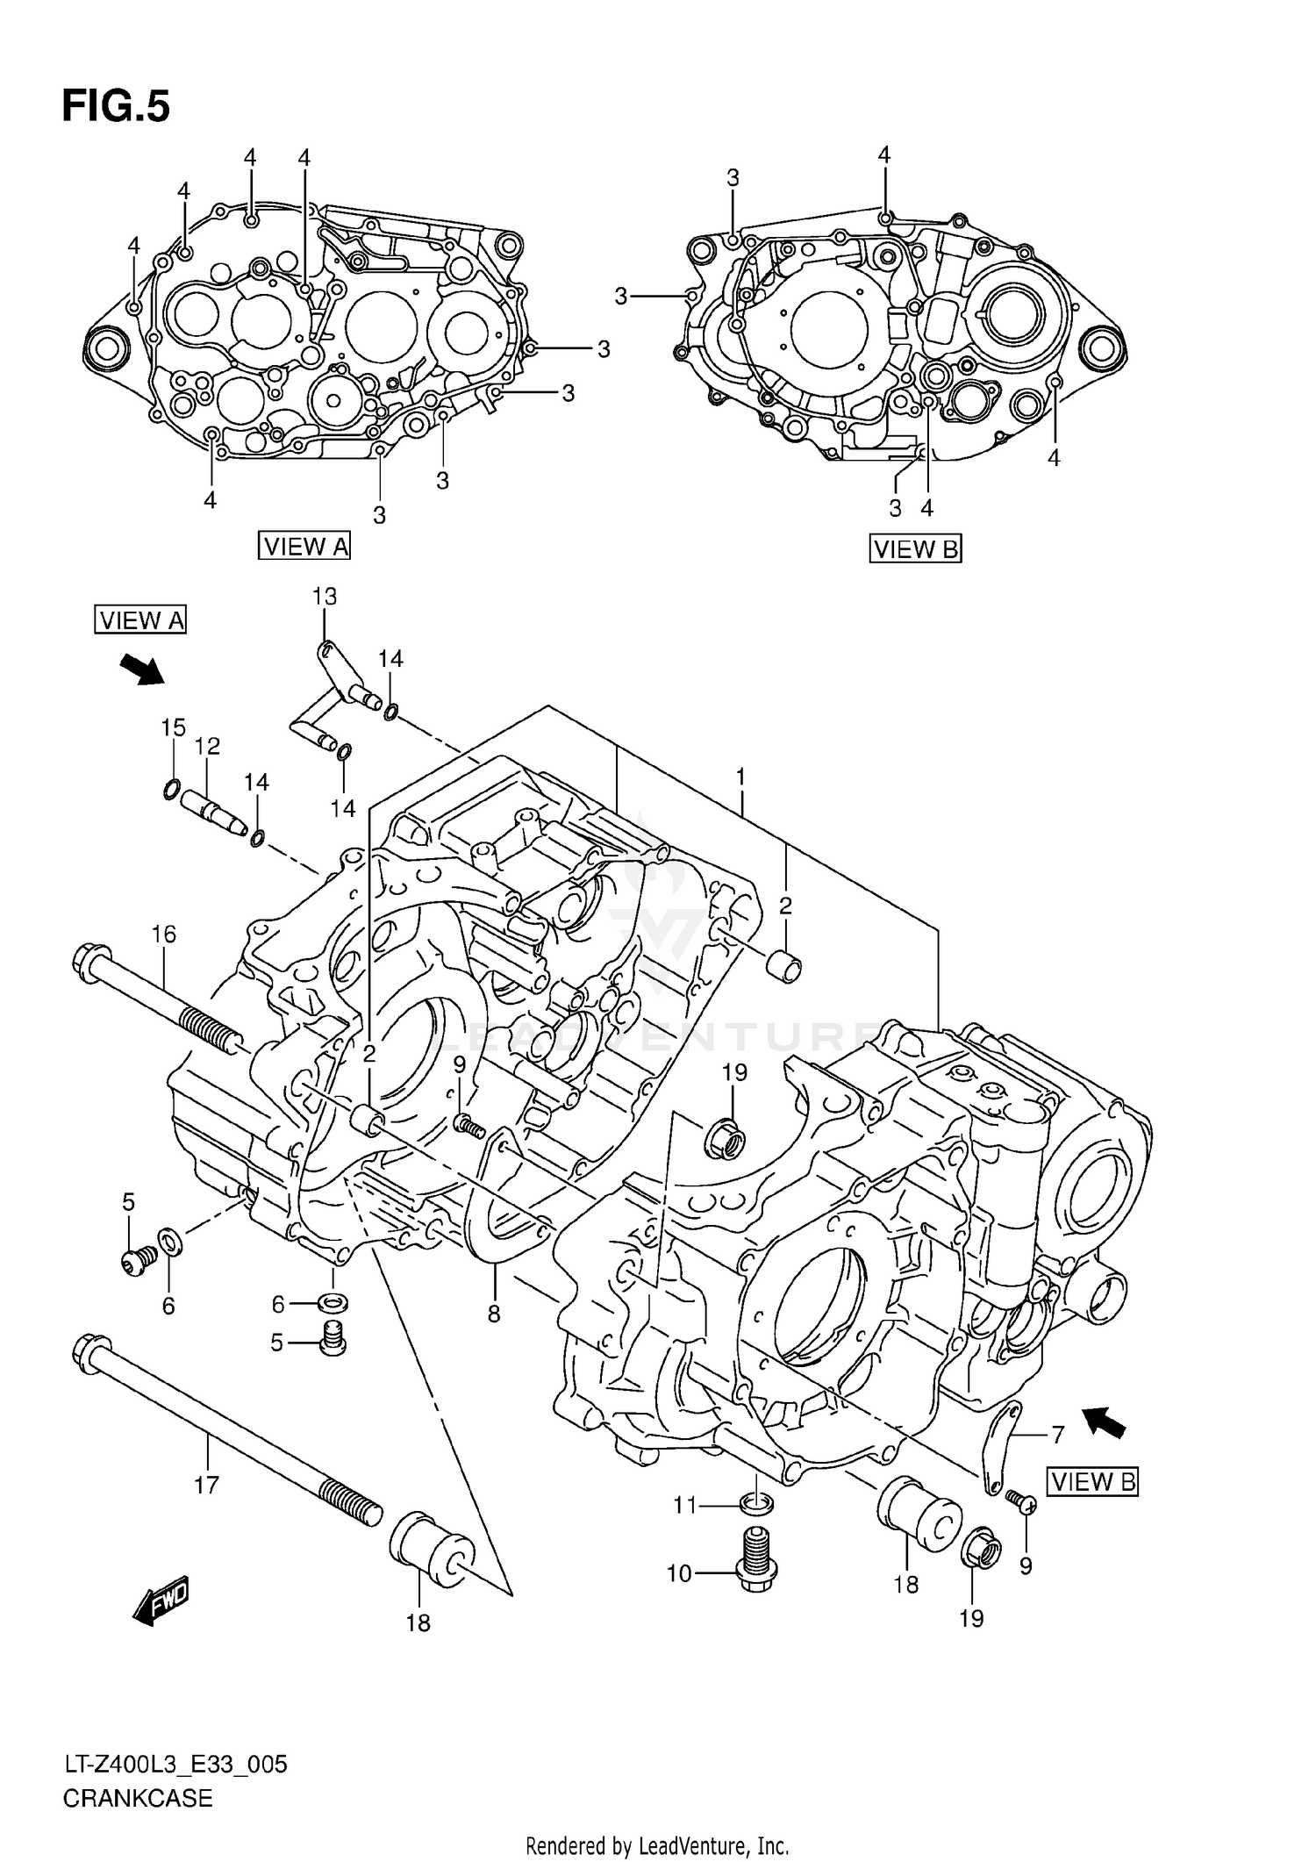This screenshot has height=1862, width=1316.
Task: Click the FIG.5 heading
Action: [x=116, y=107]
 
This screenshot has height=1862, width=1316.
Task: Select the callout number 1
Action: [x=740, y=777]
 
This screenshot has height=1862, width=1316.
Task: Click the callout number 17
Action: [x=205, y=1486]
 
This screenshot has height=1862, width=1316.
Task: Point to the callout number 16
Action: [x=164, y=935]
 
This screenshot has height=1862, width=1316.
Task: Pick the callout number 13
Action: [x=324, y=597]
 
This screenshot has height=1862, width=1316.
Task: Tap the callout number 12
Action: [x=207, y=747]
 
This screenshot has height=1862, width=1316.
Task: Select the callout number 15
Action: [x=173, y=727]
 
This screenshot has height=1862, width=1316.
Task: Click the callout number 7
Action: [x=1057, y=1436]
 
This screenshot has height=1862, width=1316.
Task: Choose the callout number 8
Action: [x=494, y=1314]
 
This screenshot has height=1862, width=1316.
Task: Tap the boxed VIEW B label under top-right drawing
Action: [x=915, y=549]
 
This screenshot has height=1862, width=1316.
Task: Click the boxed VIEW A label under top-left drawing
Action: [x=304, y=546]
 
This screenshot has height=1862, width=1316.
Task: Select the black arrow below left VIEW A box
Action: [x=141, y=670]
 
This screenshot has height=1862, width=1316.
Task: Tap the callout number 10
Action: [x=679, y=1574]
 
